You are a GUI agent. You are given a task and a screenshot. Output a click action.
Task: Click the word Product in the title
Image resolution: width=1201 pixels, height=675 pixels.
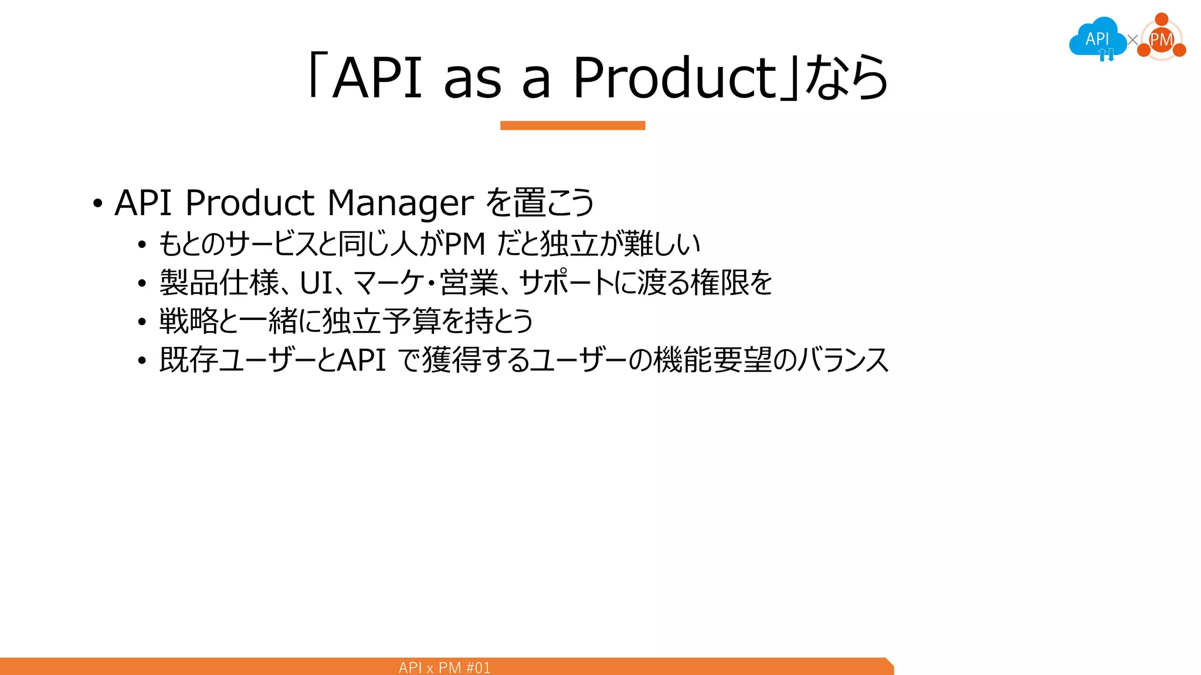pos(674,78)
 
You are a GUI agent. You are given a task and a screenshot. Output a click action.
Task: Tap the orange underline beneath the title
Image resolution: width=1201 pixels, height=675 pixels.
pos(572,125)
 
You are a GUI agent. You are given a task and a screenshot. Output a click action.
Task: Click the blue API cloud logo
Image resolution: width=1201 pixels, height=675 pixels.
pos(1097,39)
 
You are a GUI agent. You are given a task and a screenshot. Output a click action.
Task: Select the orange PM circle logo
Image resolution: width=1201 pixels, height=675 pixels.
pos(1161,39)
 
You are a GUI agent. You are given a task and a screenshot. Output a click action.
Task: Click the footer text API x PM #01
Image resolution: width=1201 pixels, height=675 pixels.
pos(445,667)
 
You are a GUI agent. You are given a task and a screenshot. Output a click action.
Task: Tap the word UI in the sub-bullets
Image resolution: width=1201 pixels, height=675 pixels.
pos(317,283)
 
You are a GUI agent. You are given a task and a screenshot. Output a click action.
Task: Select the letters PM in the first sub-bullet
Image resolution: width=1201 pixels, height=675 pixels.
pos(465,244)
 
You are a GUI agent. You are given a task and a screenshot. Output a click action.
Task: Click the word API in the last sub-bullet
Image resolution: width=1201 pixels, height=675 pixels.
pos(361,360)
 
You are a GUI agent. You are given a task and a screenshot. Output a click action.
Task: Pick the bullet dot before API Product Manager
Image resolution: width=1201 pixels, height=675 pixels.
pos(97,204)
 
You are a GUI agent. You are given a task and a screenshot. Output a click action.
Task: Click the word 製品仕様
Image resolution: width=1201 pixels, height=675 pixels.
pos(219,283)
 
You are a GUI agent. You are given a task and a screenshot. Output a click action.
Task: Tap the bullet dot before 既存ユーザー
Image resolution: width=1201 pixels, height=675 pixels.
pos(142,361)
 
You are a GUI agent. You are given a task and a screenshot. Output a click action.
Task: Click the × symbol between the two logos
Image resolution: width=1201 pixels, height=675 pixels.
pos(1132,40)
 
